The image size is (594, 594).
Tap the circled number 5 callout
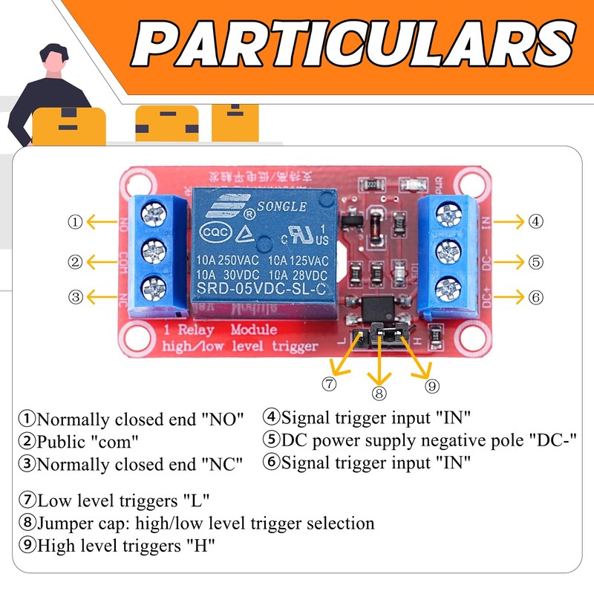536,261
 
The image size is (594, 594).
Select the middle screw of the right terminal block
447,250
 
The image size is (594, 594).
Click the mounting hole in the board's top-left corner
134,183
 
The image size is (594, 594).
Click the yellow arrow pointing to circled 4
509,221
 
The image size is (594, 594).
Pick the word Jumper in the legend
65,523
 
